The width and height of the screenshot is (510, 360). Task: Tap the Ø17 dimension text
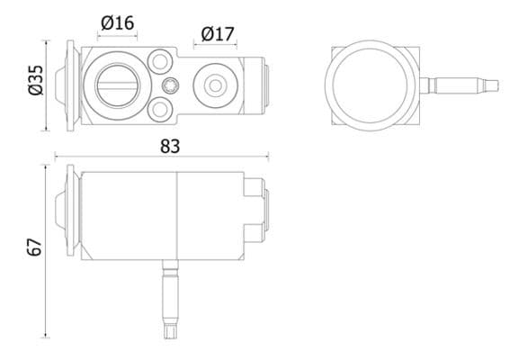click(217, 34)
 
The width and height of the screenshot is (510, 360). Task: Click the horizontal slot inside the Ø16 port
click(117, 85)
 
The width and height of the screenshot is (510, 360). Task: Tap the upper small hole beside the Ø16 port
click(161, 61)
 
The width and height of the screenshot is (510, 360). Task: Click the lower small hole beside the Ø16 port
click(161, 108)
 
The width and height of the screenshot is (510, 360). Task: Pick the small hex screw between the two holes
click(171, 85)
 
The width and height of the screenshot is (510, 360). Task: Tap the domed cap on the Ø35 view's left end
click(60, 84)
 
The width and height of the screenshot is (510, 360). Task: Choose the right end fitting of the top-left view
click(263, 85)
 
